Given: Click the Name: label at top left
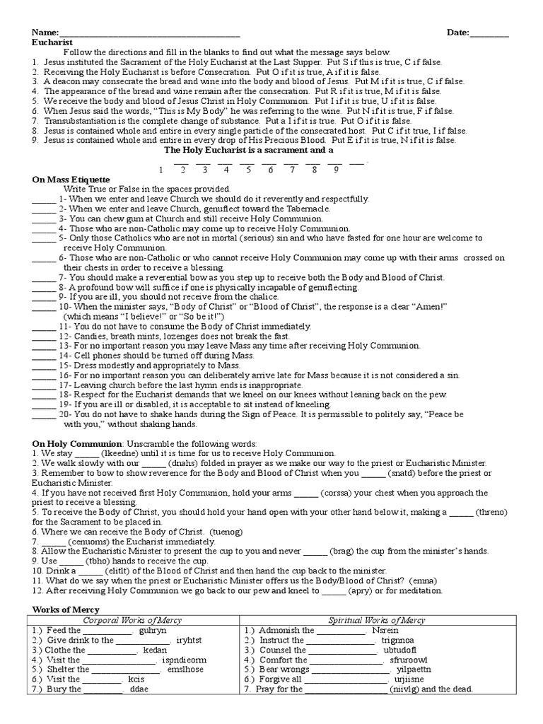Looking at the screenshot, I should [x=44, y=33].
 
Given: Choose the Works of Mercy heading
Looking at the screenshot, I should [x=66, y=609].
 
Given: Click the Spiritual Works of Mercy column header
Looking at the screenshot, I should [x=377, y=620].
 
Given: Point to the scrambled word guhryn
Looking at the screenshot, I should [x=154, y=630].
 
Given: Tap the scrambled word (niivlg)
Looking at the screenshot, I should [x=409, y=689].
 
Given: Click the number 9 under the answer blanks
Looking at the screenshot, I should [x=336, y=170].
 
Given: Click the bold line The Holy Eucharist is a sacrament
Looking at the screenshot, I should [x=248, y=151].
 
